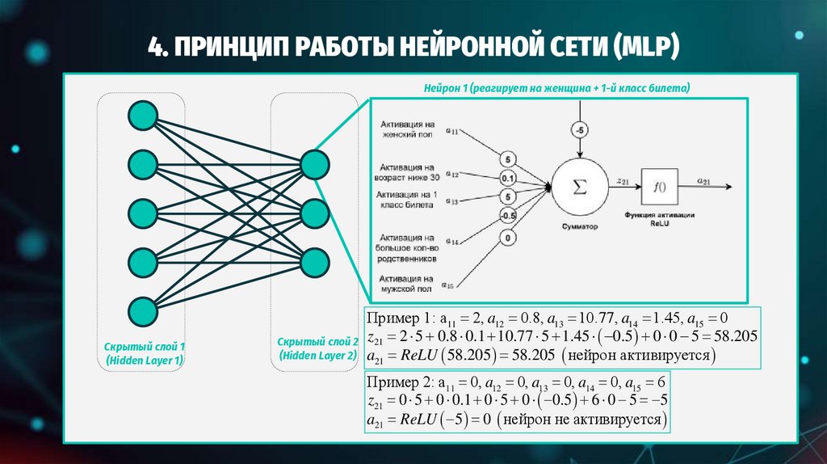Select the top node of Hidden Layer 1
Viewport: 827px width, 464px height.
pos(142,115)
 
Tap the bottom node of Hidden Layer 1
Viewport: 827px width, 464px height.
pos(142,310)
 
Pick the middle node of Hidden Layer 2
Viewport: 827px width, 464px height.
pos(313,213)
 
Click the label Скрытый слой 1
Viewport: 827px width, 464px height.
pos(144,345)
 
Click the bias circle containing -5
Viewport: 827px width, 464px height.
pos(580,129)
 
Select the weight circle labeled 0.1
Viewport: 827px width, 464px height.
pos(507,178)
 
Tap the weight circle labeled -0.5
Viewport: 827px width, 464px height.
pos(507,215)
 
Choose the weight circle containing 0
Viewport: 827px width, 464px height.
pos(507,238)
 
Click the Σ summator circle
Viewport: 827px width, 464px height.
pos(577,186)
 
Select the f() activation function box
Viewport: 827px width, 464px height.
pos(658,187)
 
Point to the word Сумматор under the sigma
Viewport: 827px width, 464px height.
pos(577,227)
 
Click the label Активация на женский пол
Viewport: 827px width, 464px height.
pos(405,130)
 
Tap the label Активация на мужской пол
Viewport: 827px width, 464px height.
pos(405,283)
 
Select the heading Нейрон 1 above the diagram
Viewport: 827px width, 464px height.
pos(444,87)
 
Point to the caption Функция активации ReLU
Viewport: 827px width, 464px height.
pos(659,219)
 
